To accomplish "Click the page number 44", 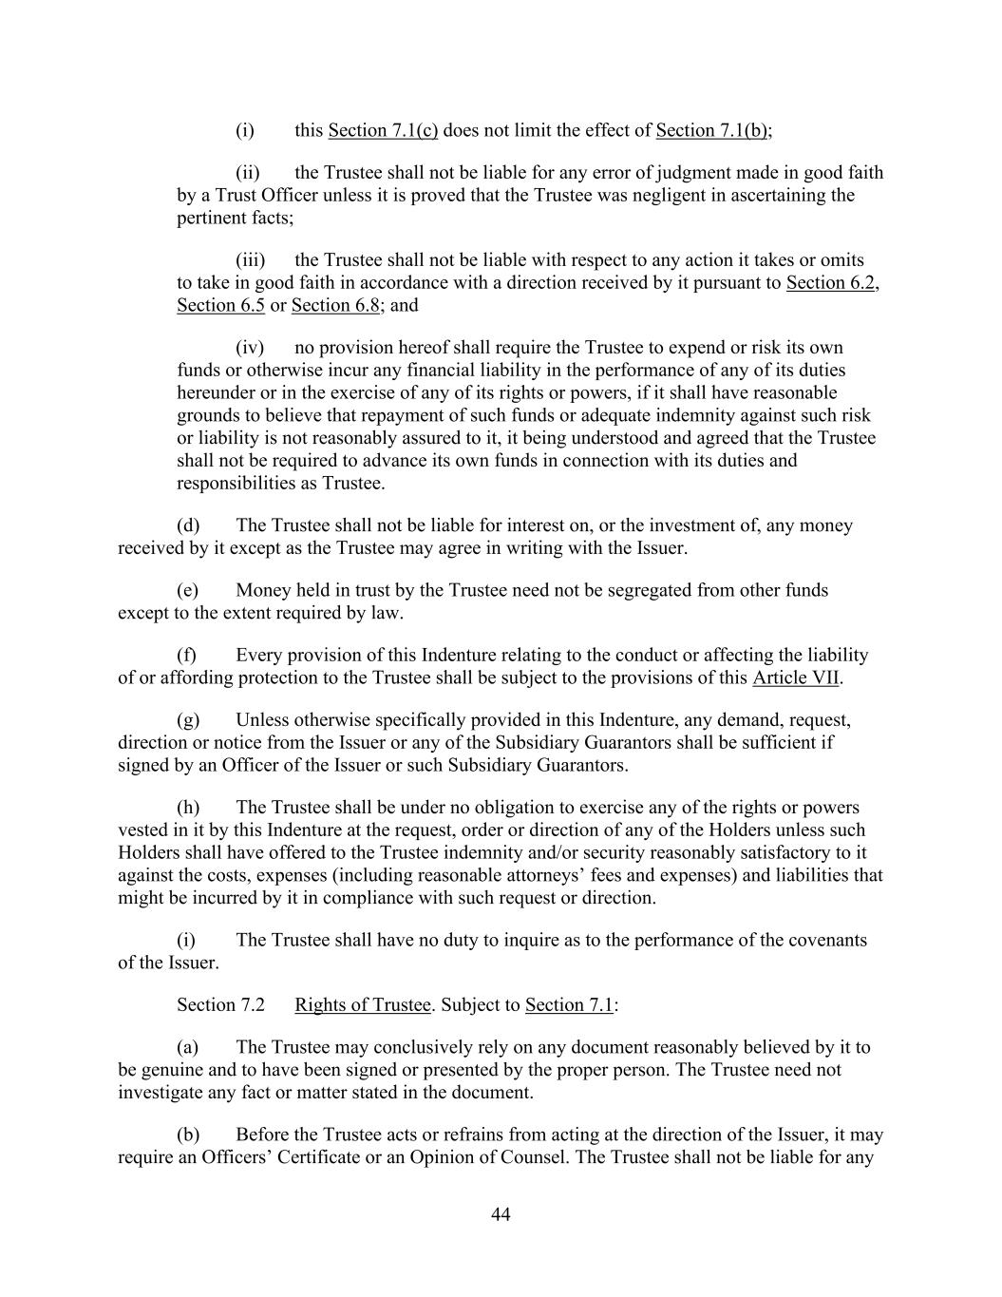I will point(501,1215).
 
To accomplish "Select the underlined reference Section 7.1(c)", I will point(383,131).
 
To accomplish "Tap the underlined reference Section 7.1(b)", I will point(711,131).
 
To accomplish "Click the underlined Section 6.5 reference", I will point(220,306).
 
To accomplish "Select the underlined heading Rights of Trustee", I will point(363,1005).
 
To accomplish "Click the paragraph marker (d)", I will point(188,525).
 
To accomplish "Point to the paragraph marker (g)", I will point(188,720).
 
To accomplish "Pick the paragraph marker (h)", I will point(188,808).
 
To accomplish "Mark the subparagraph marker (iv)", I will point(249,348).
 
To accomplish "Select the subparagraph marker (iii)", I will point(250,260).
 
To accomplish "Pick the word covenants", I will point(821,941).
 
